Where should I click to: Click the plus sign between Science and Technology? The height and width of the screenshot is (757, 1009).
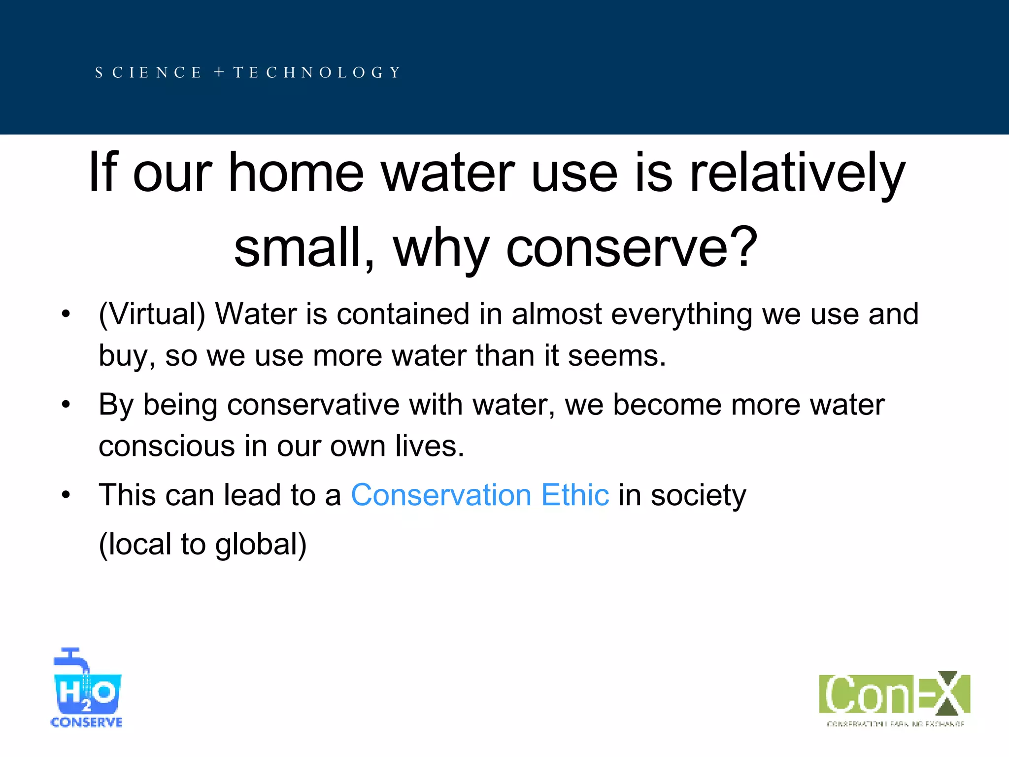[219, 72]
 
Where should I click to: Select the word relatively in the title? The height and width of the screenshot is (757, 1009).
[797, 172]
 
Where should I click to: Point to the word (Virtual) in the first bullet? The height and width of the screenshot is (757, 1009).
[152, 314]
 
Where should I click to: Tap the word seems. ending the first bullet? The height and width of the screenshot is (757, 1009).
[616, 355]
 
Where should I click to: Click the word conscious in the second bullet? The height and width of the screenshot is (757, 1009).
[167, 446]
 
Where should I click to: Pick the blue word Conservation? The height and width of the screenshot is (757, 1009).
[441, 495]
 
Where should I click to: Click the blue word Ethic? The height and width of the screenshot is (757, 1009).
[575, 495]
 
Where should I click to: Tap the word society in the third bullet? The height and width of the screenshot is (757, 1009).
[698, 495]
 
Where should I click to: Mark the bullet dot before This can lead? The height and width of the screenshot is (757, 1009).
[66, 495]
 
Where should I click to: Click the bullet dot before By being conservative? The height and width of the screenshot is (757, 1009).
[66, 405]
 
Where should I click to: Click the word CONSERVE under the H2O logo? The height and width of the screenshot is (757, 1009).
[86, 723]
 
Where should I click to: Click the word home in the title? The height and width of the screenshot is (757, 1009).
[296, 172]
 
